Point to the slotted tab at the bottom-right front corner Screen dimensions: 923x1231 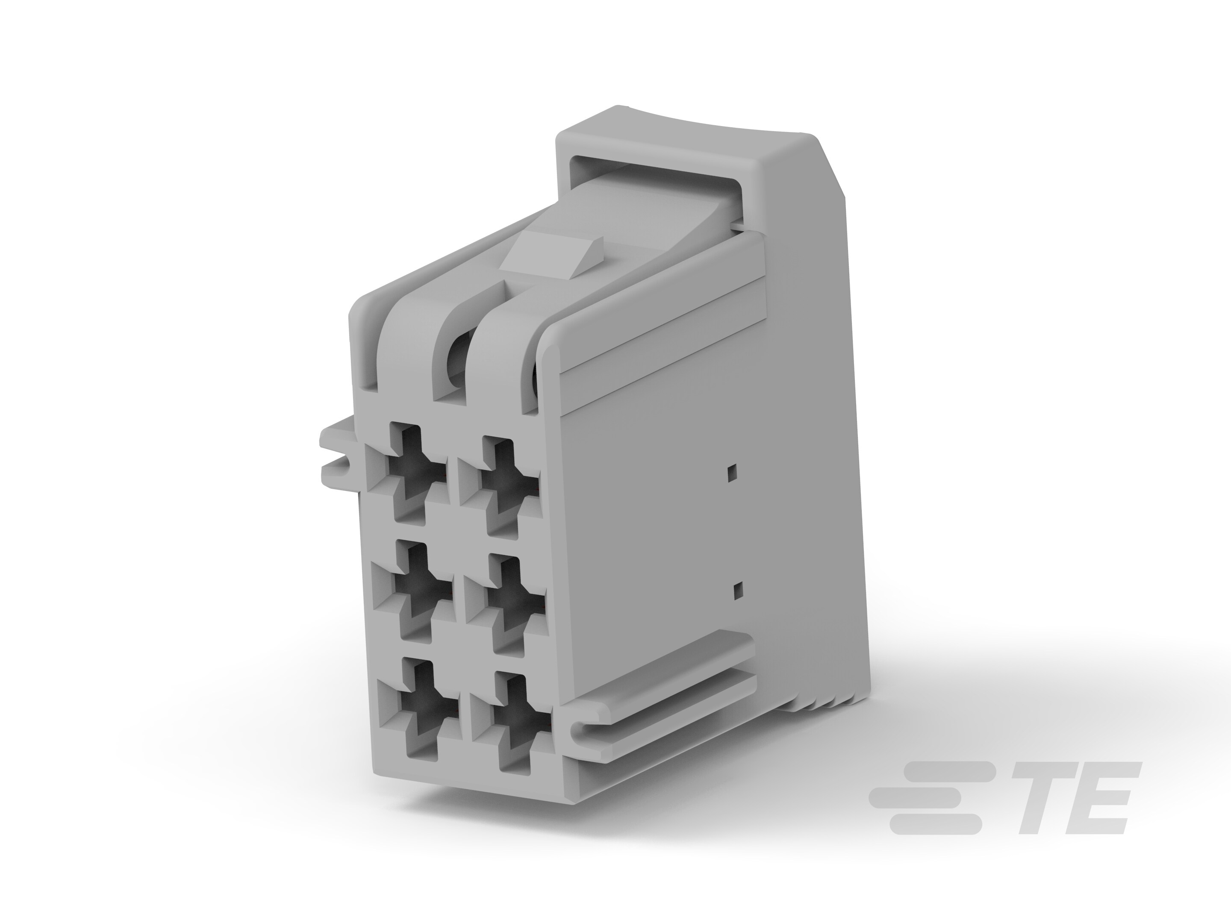590,729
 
